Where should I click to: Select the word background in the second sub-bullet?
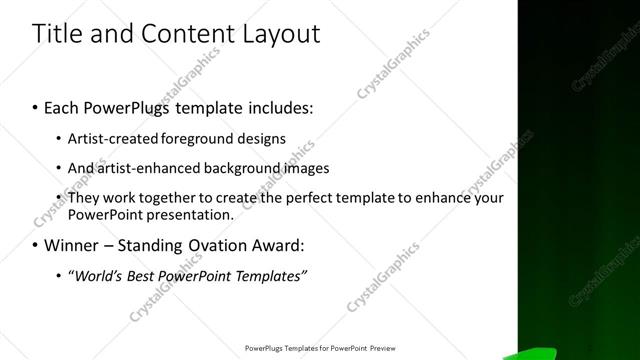[x=236, y=168]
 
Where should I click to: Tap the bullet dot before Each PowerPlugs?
[x=36, y=105]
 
